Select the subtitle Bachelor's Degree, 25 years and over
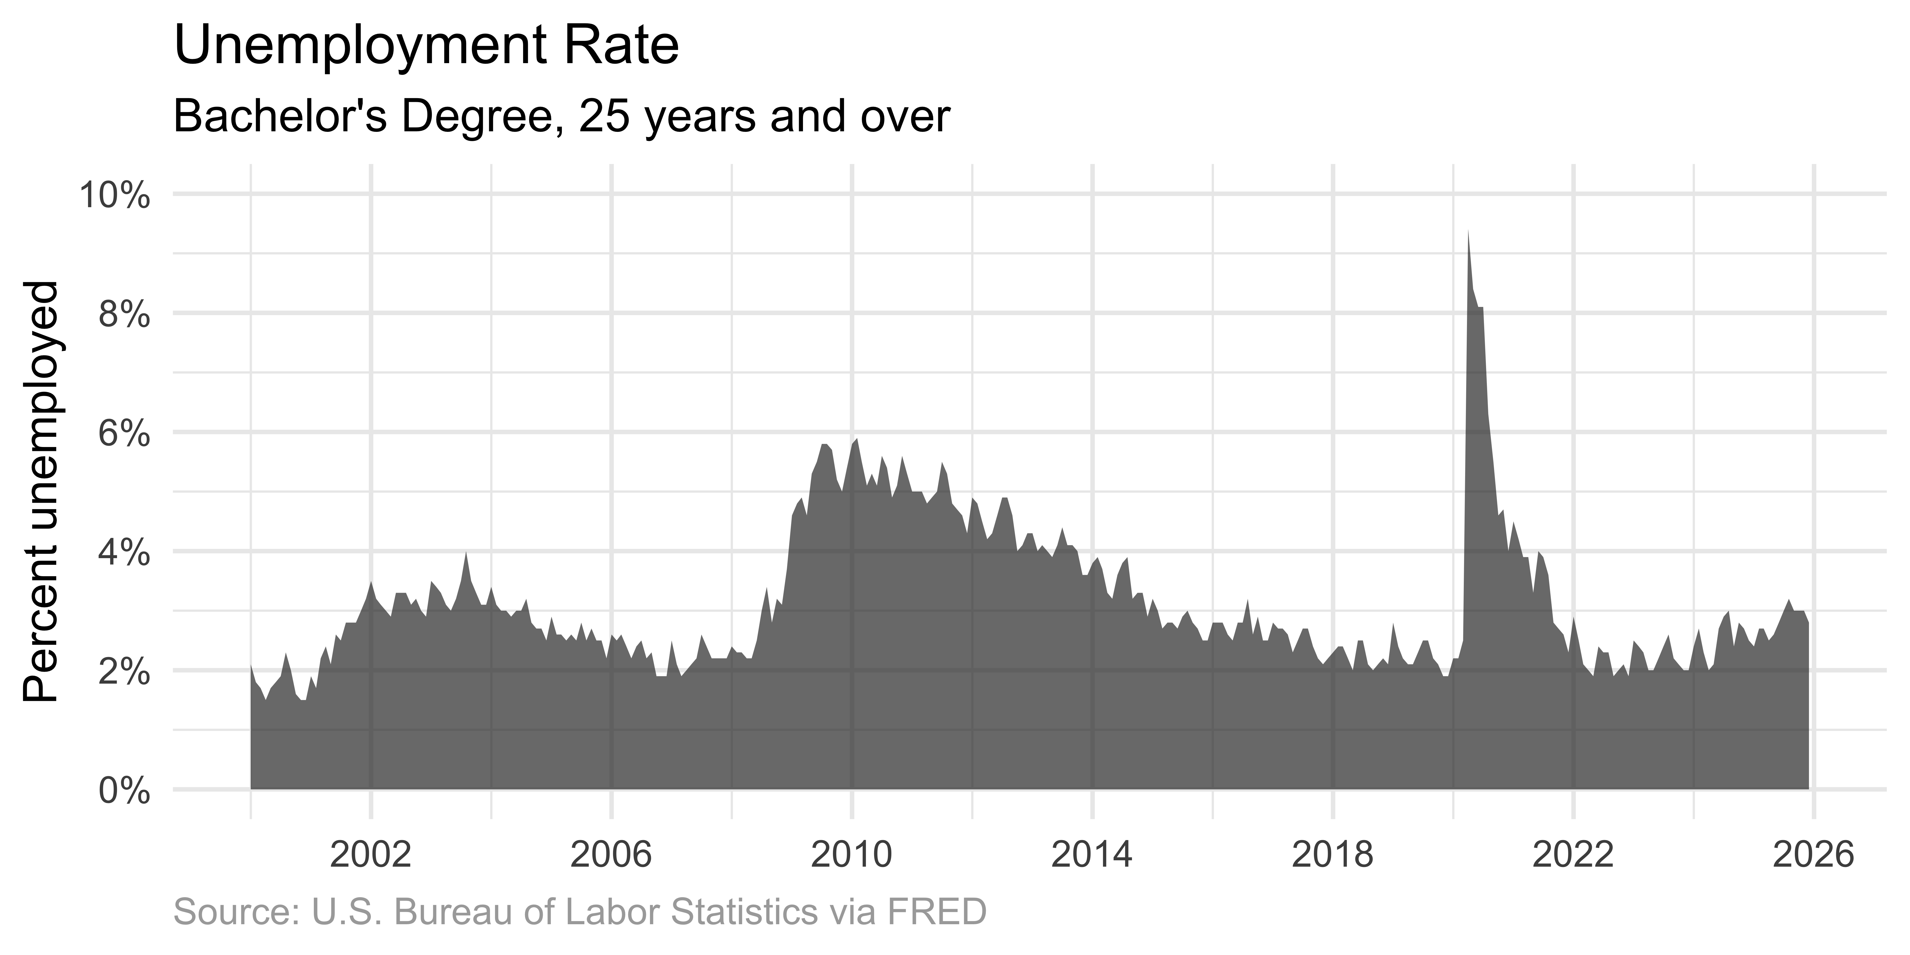(561, 117)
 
